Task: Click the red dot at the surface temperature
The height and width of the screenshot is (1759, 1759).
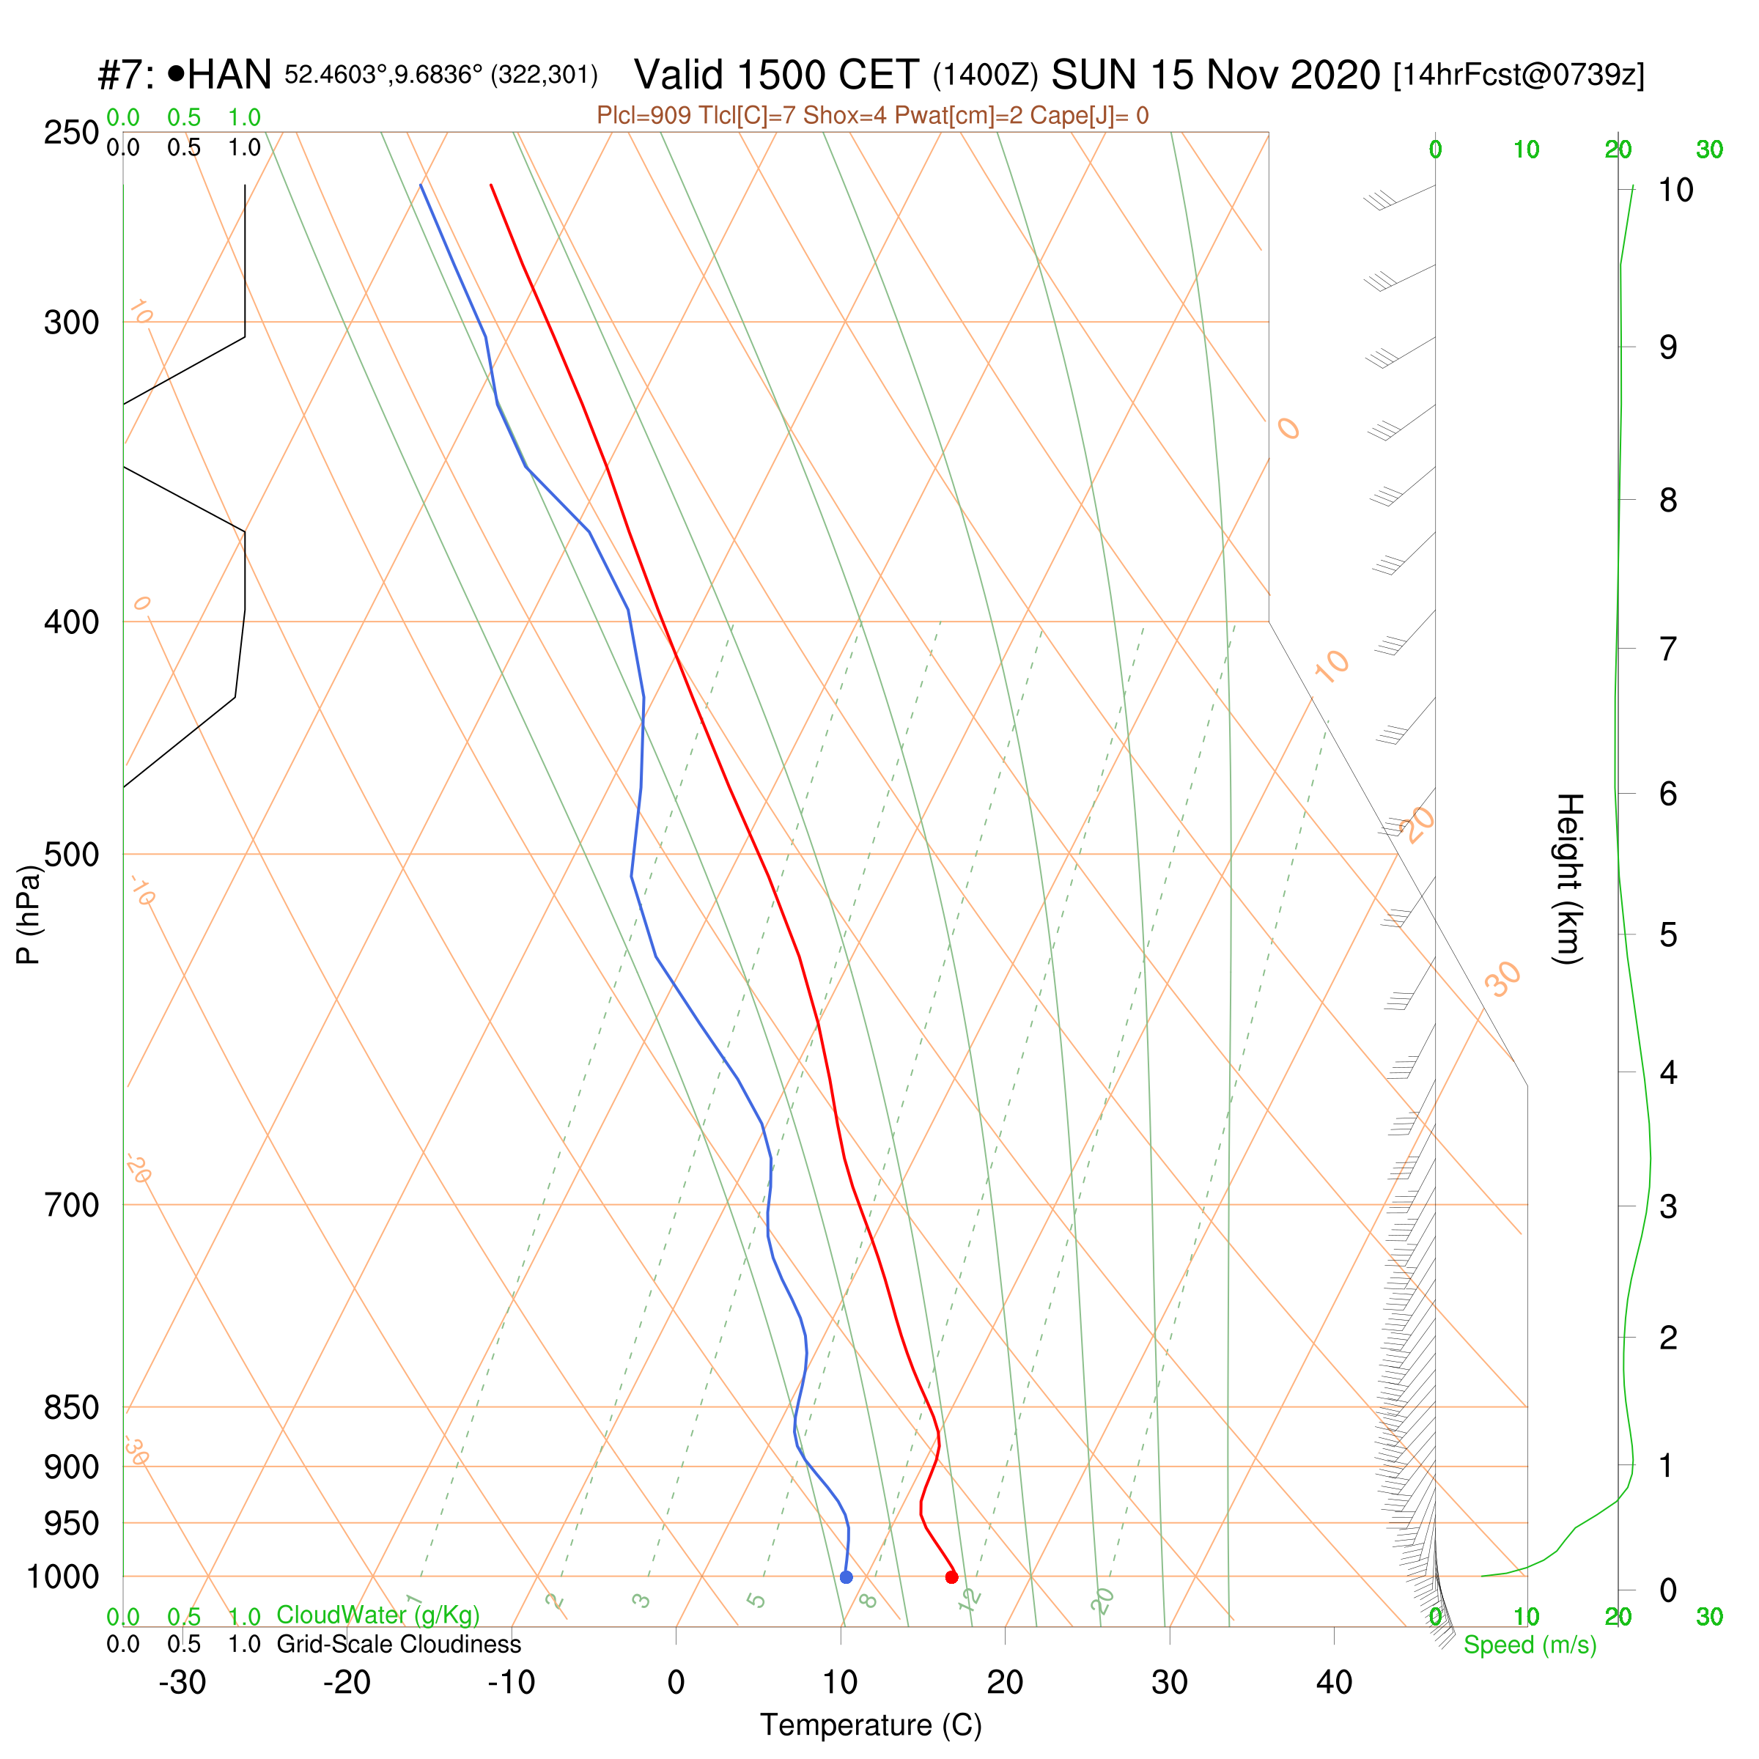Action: pos(951,1577)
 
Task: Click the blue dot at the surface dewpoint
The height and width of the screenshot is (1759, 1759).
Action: pos(846,1577)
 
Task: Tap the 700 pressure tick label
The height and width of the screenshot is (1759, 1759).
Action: pos(71,1206)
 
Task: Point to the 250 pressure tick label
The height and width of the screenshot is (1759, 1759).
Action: pos(71,133)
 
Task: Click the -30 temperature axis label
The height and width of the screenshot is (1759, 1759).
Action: pos(182,1683)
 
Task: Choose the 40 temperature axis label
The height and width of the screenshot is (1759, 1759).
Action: pos(1334,1683)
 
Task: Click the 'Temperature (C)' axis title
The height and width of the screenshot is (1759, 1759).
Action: pos(871,1725)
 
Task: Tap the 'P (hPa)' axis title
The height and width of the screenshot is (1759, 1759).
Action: pos(29,914)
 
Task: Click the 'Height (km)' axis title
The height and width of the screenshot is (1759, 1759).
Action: pos(1568,879)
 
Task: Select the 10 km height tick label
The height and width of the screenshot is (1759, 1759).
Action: pos(1675,191)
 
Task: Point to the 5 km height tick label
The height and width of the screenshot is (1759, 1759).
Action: pos(1668,935)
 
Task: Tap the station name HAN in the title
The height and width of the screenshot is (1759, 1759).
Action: pos(229,75)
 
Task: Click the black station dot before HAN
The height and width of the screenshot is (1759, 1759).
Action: pos(177,73)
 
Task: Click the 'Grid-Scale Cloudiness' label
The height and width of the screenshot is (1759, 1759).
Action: pos(399,1644)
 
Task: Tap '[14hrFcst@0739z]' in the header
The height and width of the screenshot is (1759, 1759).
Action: pos(1519,75)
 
